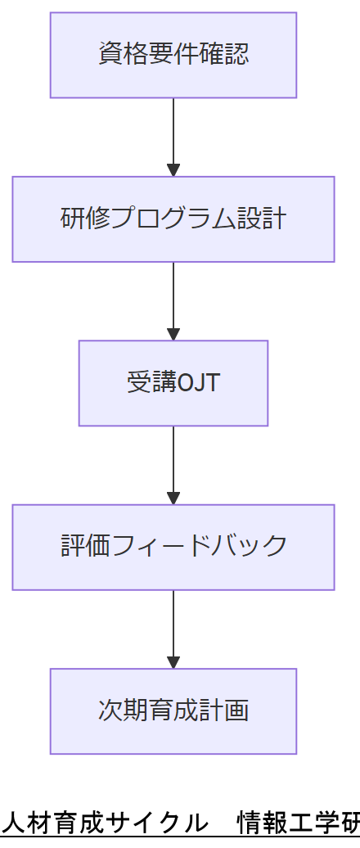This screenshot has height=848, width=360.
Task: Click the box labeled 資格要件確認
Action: tap(173, 55)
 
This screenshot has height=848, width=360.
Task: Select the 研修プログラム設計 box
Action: tap(173, 219)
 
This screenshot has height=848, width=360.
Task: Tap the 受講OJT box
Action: tap(173, 383)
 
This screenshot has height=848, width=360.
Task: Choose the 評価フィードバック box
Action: tap(173, 547)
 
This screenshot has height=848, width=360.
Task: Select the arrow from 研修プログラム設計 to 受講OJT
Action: tap(173, 300)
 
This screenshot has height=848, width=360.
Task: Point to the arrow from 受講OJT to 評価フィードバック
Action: tap(173, 464)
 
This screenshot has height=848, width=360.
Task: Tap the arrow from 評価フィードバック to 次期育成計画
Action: tap(173, 629)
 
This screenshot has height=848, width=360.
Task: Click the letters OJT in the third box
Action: tap(199, 383)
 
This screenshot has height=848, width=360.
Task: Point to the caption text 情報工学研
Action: tap(298, 823)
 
